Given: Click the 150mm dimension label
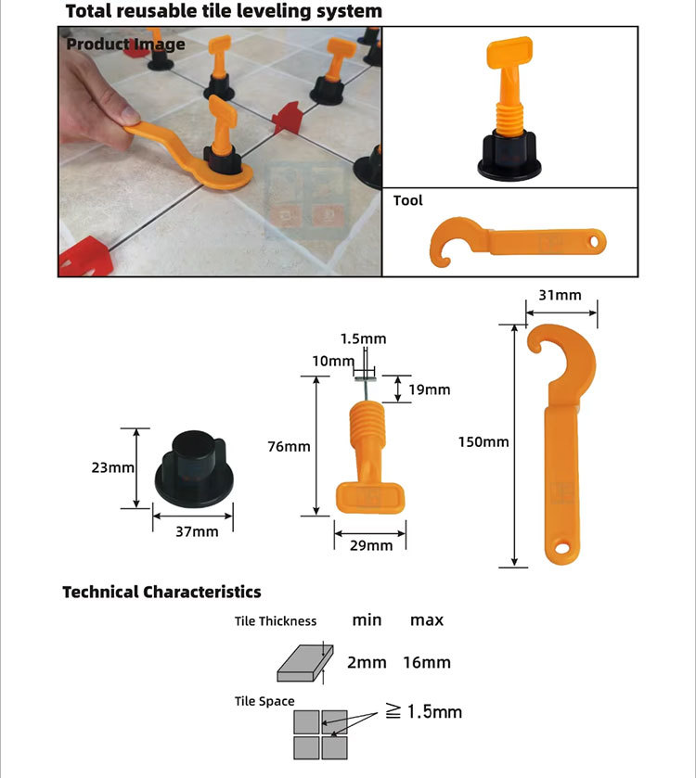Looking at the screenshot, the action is point(483,441).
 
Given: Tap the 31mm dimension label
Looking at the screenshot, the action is point(560,295).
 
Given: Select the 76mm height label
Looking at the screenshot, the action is point(289,447).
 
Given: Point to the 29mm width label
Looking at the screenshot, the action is point(371,545).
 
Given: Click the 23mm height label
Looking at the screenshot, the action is point(112,467).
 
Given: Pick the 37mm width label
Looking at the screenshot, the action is point(197,531).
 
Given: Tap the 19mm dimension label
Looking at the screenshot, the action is point(430,389).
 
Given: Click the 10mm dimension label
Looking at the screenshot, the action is point(333,361).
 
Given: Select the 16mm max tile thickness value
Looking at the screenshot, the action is point(427,662).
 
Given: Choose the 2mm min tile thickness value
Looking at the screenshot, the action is point(367,662).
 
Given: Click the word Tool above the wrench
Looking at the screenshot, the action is point(407,200).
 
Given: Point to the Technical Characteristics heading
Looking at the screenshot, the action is point(161,592).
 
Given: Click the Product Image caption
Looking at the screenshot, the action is point(125,45).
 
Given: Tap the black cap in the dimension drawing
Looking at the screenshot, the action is point(194,469).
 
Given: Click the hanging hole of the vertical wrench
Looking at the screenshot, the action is point(562,548).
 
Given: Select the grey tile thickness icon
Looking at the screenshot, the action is point(304,663).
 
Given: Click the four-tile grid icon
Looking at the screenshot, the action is point(320,734).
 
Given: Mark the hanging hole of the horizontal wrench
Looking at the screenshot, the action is point(594,242).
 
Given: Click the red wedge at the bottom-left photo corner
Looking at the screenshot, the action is point(85,257).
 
